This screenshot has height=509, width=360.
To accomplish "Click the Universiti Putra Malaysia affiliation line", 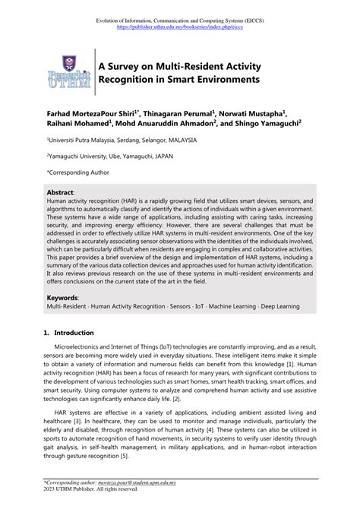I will click(122, 141).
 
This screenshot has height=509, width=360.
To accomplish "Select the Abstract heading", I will click(61, 193).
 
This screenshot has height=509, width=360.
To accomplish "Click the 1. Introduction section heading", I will click(69, 333).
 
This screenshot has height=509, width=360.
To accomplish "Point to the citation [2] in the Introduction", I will click(175, 398).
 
